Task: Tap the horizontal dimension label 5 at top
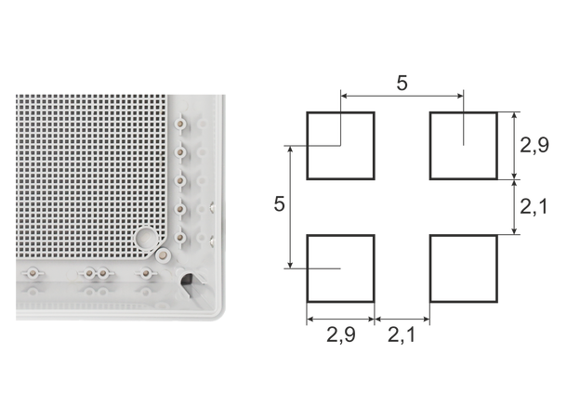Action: point(402,83)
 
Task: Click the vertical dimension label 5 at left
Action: point(279,203)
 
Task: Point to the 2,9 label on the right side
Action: point(534,145)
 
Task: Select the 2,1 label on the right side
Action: point(534,207)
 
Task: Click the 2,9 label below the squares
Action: point(340,335)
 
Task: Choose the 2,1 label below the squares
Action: point(402,335)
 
